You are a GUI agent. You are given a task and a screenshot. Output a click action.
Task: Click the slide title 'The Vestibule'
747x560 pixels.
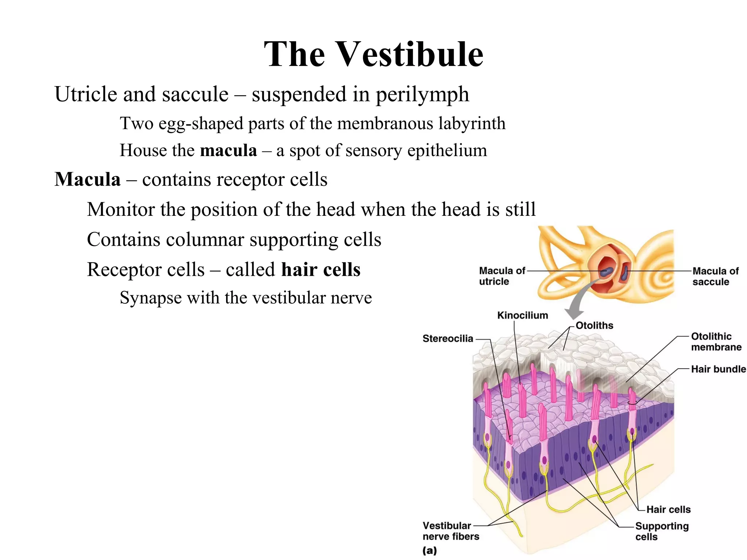373,54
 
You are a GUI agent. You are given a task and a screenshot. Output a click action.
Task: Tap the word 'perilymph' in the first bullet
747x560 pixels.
422,94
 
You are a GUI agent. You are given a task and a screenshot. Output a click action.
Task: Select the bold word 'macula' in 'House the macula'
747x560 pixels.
228,151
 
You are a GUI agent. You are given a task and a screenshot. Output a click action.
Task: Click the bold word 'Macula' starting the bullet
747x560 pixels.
88,179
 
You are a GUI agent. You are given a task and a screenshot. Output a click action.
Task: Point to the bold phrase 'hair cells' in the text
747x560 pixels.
321,270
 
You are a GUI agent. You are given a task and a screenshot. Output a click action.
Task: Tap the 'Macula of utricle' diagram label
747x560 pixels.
501,276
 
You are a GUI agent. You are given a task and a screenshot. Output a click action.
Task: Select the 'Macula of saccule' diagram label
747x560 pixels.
715,276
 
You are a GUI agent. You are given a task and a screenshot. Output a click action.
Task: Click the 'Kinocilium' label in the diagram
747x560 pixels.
522,315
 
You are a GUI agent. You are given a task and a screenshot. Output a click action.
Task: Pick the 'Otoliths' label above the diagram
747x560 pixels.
594,325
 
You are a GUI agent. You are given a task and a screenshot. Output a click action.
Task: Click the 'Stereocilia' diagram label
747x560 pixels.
448,339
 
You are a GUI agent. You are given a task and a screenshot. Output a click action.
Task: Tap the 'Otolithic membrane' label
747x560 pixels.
716,342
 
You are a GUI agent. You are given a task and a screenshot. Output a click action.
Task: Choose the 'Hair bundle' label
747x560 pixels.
718,369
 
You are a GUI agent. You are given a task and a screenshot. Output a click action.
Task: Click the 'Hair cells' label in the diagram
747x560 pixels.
668,509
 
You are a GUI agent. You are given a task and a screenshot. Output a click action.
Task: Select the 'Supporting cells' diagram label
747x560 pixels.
661,531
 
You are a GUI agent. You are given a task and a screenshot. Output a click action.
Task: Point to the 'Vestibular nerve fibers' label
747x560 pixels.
450,531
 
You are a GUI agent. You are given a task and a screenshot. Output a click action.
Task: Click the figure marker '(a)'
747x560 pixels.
429,551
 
